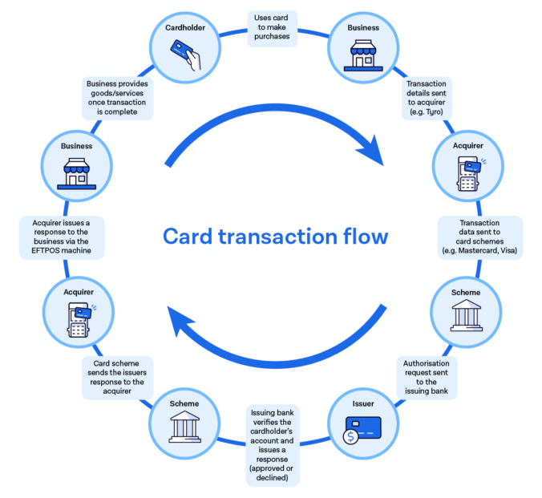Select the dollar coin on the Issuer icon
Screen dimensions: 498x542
(350, 437)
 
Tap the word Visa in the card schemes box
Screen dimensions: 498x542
(509, 251)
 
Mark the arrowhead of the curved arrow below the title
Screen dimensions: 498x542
(172, 322)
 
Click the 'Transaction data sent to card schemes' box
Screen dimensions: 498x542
(479, 237)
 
